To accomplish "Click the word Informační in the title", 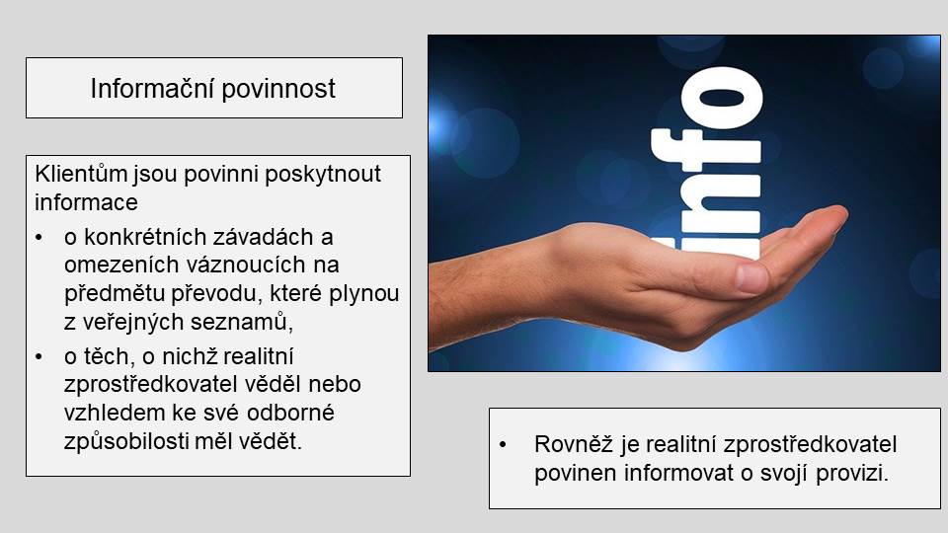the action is pos(152,89).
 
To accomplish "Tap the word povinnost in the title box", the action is pos(278,90).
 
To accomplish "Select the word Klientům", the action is pos(81,174).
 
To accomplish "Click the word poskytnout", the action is pos(323,175).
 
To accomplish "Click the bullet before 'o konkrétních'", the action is pos(39,238).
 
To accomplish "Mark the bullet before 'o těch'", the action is pos(39,356).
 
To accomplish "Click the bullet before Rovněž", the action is pos(503,445).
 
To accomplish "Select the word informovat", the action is pos(678,473).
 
